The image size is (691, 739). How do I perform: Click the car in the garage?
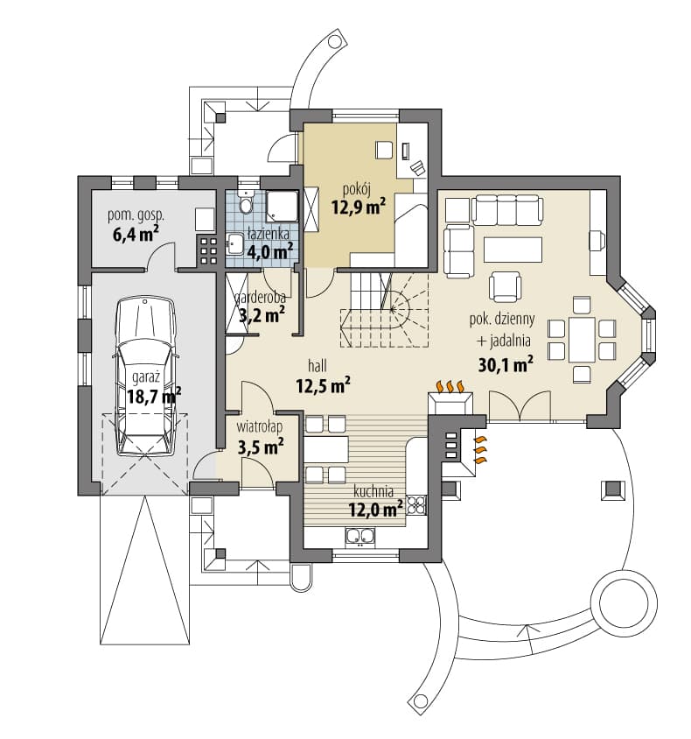coord(145,376)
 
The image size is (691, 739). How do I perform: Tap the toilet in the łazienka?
coord(245,202)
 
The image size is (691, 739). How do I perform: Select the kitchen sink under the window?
coord(360,537)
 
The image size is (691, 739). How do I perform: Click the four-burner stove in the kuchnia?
coord(416,504)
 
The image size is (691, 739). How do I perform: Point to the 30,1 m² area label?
coord(506,364)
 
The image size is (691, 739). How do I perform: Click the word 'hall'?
coord(318,365)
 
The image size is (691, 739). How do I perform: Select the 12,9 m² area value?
coord(359,207)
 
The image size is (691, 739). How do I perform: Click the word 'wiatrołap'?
coord(260,427)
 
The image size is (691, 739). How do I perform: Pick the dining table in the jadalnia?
coord(582,340)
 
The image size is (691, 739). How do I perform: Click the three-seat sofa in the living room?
coord(507,210)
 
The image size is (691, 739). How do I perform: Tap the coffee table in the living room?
coord(513,250)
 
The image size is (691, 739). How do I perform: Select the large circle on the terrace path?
coord(624,602)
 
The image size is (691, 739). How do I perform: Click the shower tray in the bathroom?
coord(282,206)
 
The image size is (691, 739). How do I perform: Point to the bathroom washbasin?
coord(234,244)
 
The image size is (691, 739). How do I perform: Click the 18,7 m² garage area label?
coord(154,396)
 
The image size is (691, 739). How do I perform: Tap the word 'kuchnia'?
coord(373,491)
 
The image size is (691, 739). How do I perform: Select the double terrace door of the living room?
coord(520,405)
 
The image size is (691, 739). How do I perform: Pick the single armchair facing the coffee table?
coord(505,286)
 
